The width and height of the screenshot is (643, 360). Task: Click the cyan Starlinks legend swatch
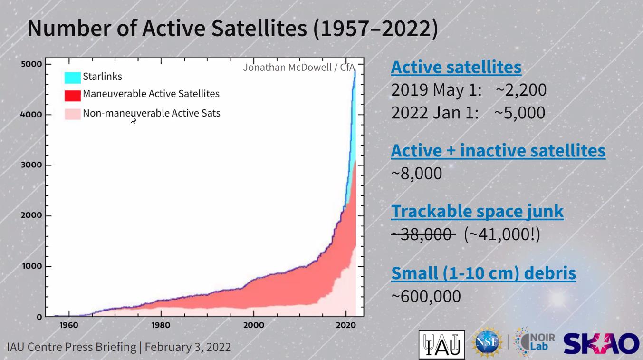click(x=73, y=77)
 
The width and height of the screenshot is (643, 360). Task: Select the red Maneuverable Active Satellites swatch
click(x=73, y=95)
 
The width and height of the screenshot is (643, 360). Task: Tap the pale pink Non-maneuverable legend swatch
click(x=73, y=114)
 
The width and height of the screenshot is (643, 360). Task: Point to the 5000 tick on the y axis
click(x=31, y=64)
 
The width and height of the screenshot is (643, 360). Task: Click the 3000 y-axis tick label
click(x=31, y=165)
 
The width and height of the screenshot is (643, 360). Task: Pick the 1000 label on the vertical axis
click(x=31, y=266)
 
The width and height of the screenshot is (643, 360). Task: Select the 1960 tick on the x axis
click(x=69, y=326)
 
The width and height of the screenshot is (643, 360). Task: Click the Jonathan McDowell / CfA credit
click(x=299, y=67)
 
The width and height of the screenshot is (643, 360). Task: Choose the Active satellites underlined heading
click(x=456, y=67)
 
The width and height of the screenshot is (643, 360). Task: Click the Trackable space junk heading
click(x=477, y=211)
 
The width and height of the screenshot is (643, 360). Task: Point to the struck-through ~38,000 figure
click(x=423, y=234)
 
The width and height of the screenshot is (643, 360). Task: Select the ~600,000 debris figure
click(x=426, y=296)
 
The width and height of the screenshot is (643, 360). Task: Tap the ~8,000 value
click(x=416, y=173)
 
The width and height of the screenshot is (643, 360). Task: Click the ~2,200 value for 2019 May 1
click(x=520, y=90)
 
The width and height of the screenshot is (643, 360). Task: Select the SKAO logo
click(x=601, y=344)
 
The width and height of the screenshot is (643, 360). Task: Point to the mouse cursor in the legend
click(x=133, y=118)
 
